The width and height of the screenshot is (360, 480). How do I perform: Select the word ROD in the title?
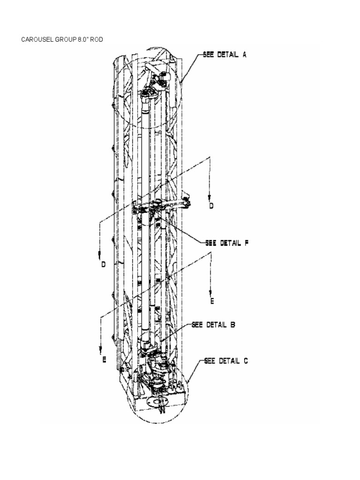[x=96, y=38]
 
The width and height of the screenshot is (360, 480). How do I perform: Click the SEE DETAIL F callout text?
[x=226, y=243]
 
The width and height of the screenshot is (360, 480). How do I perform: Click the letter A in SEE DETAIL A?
[x=244, y=54]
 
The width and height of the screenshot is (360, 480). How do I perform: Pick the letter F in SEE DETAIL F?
[x=246, y=243]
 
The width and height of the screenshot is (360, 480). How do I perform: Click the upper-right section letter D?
[x=211, y=206]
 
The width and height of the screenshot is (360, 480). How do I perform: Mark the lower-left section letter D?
[x=104, y=264]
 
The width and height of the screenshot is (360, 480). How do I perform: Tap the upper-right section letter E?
[x=211, y=301]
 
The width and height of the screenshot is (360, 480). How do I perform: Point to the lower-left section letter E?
[x=104, y=360]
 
